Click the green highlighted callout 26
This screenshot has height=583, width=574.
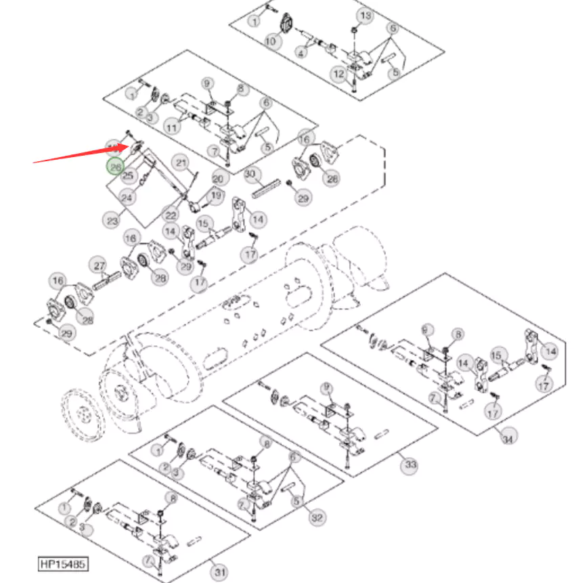pos(115,166)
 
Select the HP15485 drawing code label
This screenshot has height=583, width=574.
pos(62,563)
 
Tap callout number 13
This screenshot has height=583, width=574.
pos(364,16)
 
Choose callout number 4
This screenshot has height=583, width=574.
pos(301,51)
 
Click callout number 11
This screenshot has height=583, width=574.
pos(173,127)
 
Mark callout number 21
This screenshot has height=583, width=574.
pos(181,163)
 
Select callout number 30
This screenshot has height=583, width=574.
pos(252,175)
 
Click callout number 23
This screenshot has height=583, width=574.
pos(110,220)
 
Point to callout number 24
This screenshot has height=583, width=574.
pos(127,198)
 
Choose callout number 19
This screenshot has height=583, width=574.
pos(216,196)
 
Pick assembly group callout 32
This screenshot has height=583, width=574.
pos(316,518)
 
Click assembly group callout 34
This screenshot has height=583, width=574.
pos(507,438)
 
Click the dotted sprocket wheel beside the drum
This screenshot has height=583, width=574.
pos(83,412)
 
